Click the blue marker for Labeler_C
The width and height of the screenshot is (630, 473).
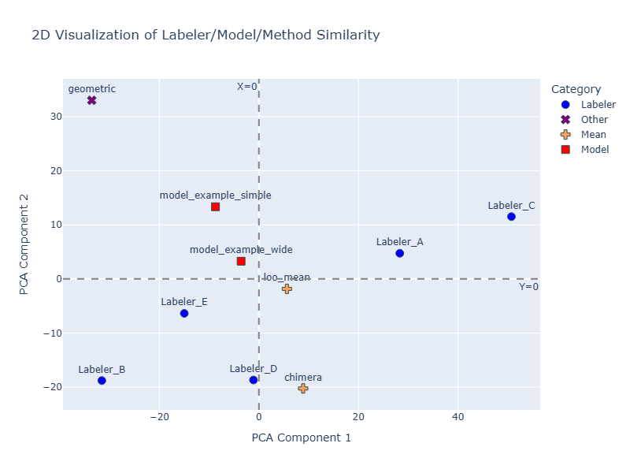click(511, 217)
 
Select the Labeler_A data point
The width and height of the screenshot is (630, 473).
click(399, 253)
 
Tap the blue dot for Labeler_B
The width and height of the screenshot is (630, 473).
click(102, 381)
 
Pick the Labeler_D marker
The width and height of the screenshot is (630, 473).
click(254, 380)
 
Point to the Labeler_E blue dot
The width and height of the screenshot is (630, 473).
click(184, 313)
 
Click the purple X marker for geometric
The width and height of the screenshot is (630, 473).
click(91, 100)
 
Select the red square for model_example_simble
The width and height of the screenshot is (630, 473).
click(215, 207)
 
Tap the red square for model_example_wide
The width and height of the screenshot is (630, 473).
click(241, 261)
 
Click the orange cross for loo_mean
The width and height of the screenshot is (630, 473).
click(287, 289)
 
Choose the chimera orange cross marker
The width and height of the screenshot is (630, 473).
click(303, 388)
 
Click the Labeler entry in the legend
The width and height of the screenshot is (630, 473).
click(592, 104)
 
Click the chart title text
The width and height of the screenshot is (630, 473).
click(206, 35)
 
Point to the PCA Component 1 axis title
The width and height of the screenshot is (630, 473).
click(301, 437)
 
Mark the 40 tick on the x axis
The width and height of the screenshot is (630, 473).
click(458, 415)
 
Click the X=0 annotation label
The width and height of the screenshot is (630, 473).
click(246, 87)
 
